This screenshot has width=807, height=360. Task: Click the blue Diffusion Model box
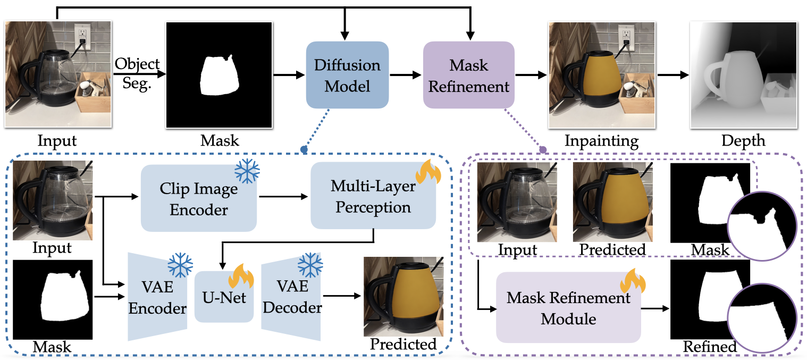pos(347,75)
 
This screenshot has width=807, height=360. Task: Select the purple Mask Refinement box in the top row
pos(469,75)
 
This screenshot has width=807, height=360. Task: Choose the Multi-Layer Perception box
pos(373,196)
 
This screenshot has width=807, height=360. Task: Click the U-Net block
pos(224,297)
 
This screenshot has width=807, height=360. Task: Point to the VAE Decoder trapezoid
pos(291,298)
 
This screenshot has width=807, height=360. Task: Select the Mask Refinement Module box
pos(568,308)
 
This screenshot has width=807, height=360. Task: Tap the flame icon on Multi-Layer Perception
pos(428,172)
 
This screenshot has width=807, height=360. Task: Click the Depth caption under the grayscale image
pos(743,141)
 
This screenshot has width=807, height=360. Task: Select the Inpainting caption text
pos(601,141)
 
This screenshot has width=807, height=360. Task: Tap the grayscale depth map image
pos(743,75)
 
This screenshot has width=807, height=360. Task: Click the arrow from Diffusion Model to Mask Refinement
pos(406,75)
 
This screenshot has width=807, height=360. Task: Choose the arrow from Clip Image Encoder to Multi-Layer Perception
pos(283,197)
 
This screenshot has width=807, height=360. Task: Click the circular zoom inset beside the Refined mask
pos(762,320)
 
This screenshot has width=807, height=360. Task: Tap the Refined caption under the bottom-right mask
pos(710,346)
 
